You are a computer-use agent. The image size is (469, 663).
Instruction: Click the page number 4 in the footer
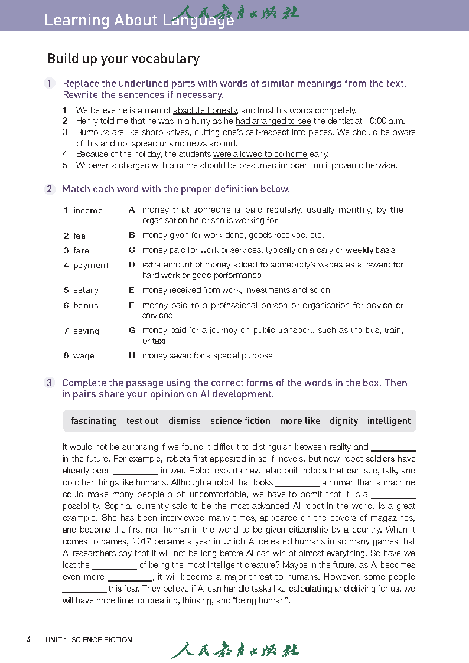coord(28,639)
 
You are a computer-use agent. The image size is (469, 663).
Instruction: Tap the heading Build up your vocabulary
coord(123,59)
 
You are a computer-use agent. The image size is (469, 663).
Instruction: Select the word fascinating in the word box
coord(94,421)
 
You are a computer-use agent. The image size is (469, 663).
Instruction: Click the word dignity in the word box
coord(344,421)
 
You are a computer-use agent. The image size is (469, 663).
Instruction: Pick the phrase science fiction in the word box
coord(240,421)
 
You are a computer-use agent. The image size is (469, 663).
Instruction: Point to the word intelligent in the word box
coord(389,421)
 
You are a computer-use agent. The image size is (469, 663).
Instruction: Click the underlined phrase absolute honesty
coord(205,110)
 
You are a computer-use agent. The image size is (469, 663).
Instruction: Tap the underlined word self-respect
coord(267,132)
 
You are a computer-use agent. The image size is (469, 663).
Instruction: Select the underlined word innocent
coord(295,165)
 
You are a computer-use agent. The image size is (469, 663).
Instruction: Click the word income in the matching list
coord(88,210)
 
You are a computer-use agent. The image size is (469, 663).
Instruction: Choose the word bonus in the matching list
coord(86,305)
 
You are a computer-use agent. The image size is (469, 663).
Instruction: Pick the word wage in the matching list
coord(84,356)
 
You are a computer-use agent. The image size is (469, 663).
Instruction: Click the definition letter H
coord(132,356)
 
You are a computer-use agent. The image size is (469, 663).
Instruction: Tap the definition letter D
coord(132,265)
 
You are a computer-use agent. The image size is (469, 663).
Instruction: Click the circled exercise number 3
coord(50,383)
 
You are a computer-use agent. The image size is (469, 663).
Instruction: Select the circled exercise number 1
coord(50,84)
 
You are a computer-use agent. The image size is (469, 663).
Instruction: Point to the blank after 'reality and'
coord(393,448)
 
